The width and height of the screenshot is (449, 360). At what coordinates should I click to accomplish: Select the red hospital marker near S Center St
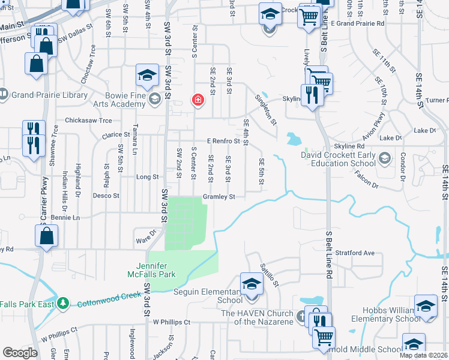pos(197,100)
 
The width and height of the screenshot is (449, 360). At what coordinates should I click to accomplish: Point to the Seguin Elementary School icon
pos(252,284)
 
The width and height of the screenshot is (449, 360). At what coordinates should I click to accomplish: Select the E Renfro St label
pos(223,141)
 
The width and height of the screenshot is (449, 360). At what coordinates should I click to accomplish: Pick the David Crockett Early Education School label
pos(339,159)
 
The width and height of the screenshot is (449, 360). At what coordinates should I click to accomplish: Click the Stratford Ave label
pos(354,253)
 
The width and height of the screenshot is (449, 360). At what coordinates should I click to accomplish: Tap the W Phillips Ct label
pos(171,322)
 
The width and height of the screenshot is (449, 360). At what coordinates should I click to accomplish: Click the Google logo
pos(20,353)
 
